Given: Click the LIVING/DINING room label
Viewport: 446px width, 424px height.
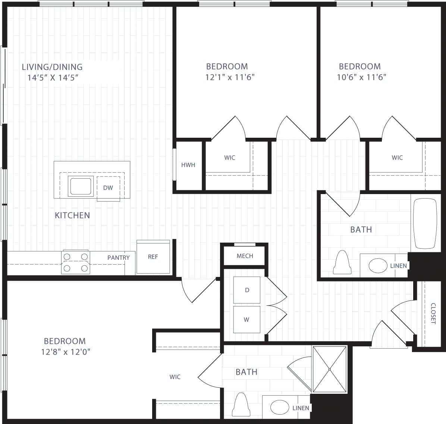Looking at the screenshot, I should pyautogui.click(x=52, y=67).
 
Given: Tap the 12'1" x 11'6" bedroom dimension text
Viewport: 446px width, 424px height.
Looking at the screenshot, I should pyautogui.click(x=230, y=77).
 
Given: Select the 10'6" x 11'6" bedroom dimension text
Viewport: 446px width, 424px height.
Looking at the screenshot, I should pyautogui.click(x=361, y=77).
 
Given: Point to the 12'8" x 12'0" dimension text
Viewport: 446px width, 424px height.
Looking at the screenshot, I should pyautogui.click(x=66, y=352).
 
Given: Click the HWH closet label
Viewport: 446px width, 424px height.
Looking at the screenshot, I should pyautogui.click(x=188, y=165).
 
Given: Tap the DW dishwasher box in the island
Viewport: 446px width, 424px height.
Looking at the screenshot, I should pyautogui.click(x=108, y=188).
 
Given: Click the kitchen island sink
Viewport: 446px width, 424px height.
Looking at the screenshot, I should pyautogui.click(x=80, y=186).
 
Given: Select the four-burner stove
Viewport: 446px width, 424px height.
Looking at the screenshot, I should pyautogui.click(x=76, y=262).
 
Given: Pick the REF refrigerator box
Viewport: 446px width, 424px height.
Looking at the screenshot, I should pyautogui.click(x=153, y=257).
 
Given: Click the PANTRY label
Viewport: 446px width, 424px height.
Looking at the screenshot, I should pyautogui.click(x=119, y=258).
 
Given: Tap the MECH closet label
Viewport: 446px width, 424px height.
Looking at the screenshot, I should pyautogui.click(x=245, y=256).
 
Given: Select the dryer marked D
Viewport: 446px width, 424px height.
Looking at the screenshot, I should pyautogui.click(x=247, y=290).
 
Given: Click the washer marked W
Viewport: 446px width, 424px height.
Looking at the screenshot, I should pyautogui.click(x=246, y=319).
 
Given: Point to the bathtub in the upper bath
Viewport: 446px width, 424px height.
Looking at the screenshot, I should pyautogui.click(x=425, y=223).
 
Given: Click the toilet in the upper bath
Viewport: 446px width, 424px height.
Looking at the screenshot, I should pyautogui.click(x=343, y=263).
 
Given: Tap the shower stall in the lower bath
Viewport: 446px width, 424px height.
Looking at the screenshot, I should pyautogui.click(x=330, y=369).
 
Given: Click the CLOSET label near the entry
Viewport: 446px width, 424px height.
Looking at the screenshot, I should pyautogui.click(x=433, y=314).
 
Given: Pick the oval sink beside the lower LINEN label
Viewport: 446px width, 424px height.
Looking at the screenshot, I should pyautogui.click(x=280, y=407).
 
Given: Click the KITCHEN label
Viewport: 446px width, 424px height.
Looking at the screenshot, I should pyautogui.click(x=72, y=215).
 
